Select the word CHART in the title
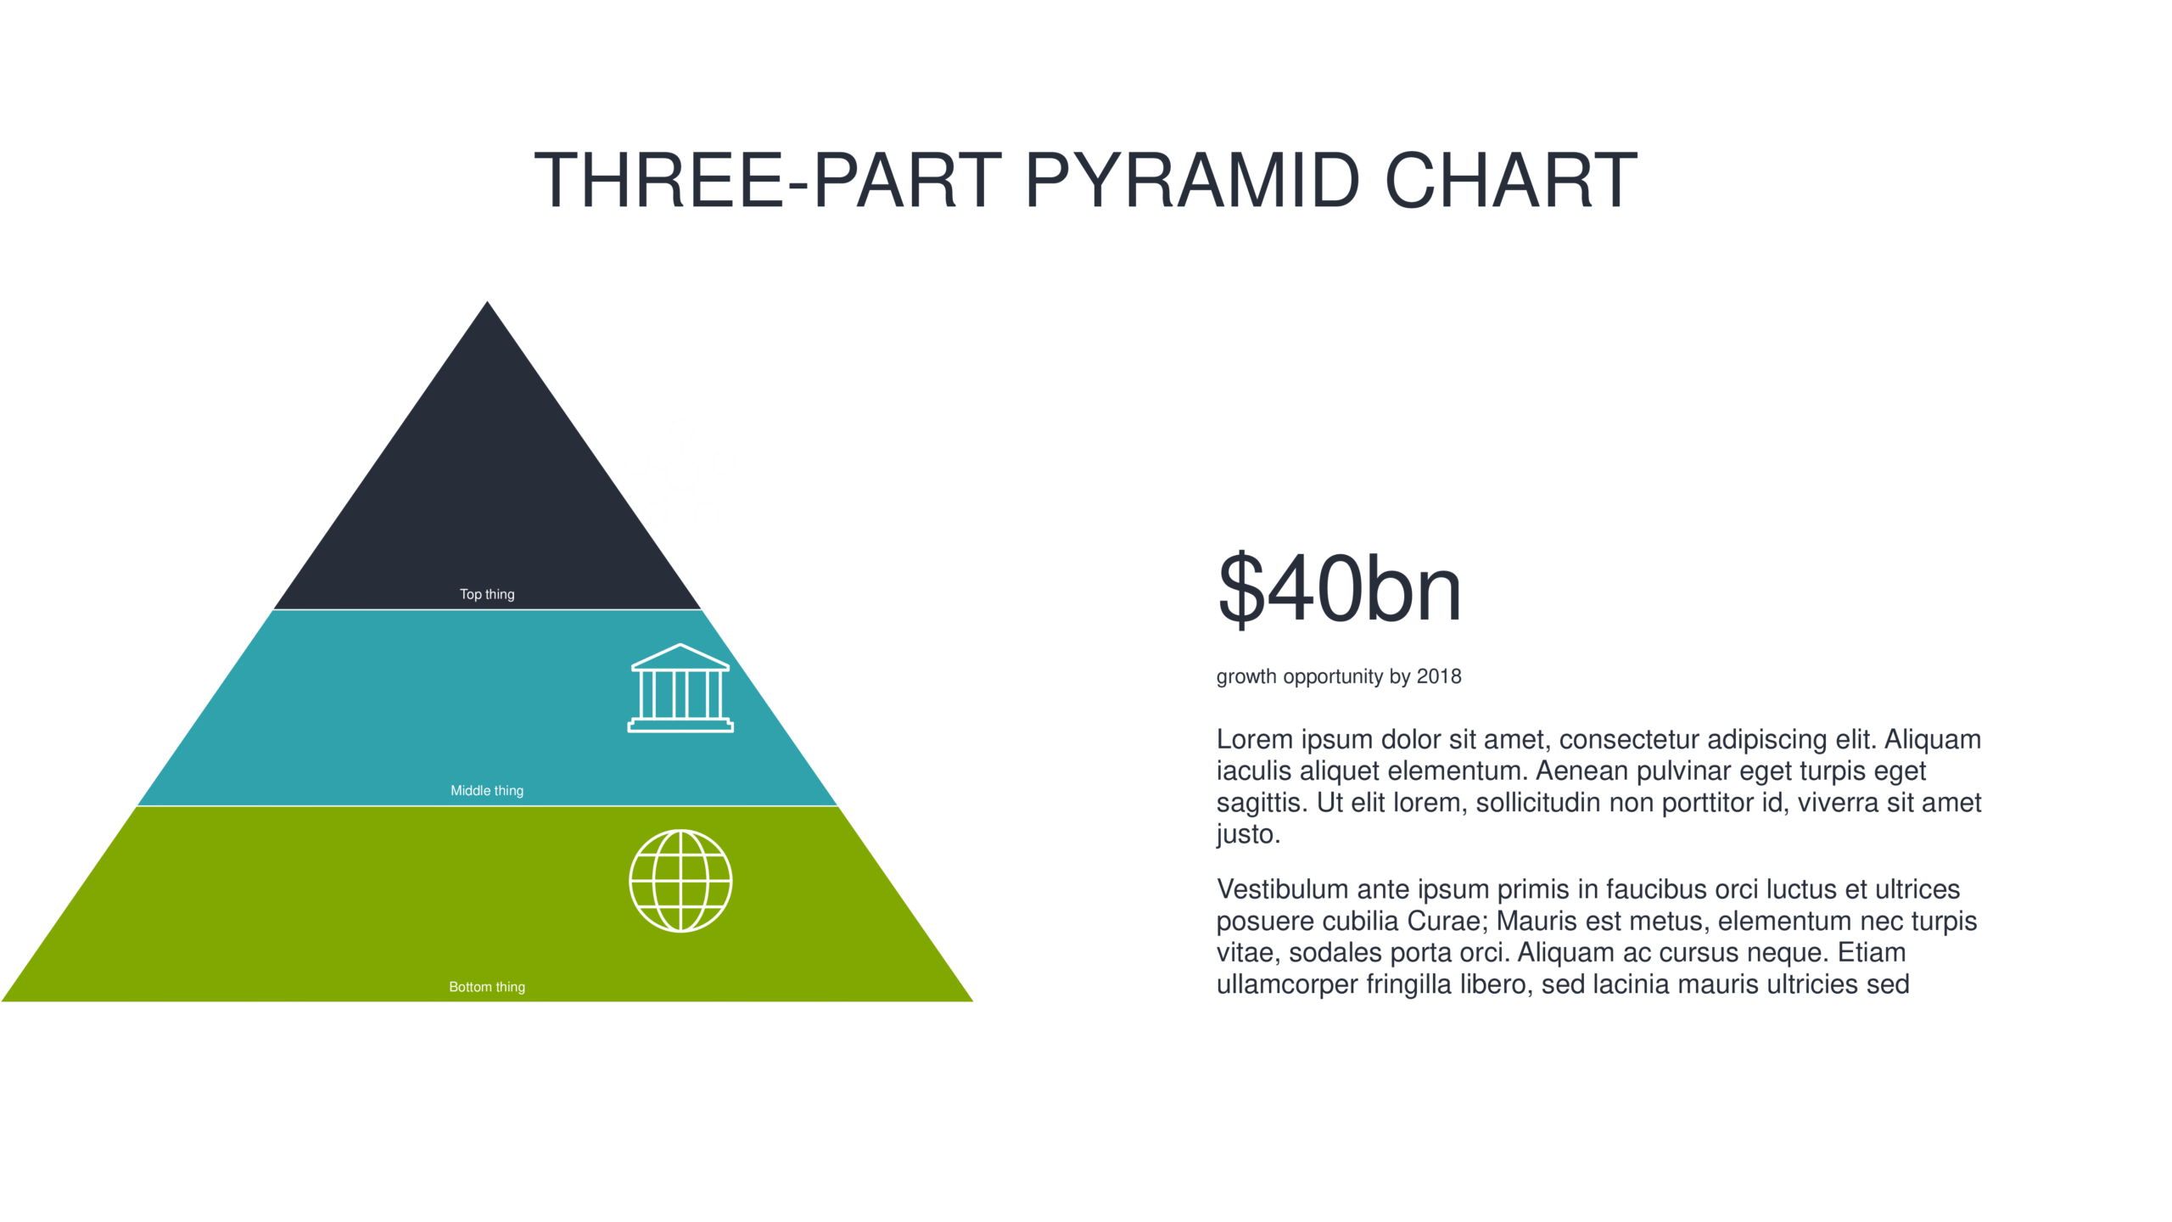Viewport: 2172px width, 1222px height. coord(1511,180)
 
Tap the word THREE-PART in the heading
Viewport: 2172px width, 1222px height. coord(768,180)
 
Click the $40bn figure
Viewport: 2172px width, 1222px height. coord(1340,588)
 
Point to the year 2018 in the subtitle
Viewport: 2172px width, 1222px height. coord(1439,676)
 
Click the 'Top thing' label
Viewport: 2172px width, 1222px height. coord(487,594)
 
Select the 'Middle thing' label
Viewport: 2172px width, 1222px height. coord(487,790)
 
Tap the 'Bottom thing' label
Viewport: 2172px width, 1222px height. coord(487,986)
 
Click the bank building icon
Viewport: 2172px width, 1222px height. coord(680,687)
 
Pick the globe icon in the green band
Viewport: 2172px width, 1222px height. coord(680,881)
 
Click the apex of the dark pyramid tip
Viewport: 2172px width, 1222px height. coord(487,301)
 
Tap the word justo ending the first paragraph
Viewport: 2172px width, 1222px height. coord(1248,834)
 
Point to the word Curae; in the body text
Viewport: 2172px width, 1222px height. coord(1448,921)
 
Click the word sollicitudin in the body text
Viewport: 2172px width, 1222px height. coord(1539,802)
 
